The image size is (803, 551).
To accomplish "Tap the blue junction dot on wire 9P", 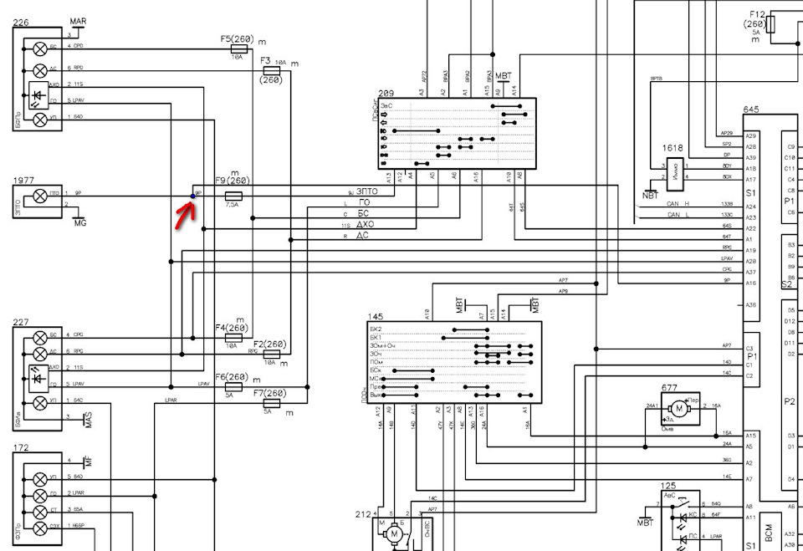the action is pyautogui.click(x=193, y=196).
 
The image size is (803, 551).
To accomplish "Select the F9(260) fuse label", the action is pyautogui.click(x=233, y=181).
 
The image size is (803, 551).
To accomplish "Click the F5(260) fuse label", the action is pyautogui.click(x=238, y=39).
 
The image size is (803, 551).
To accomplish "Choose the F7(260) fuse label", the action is pyautogui.click(x=269, y=393).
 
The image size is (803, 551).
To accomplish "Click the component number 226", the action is pyautogui.click(x=22, y=23).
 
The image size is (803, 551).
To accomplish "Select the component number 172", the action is pyautogui.click(x=22, y=448).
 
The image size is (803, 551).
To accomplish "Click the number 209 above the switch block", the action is pyautogui.click(x=386, y=93).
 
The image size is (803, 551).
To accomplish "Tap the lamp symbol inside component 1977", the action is pyautogui.click(x=39, y=196).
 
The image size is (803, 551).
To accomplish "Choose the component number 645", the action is pyautogui.click(x=751, y=110).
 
